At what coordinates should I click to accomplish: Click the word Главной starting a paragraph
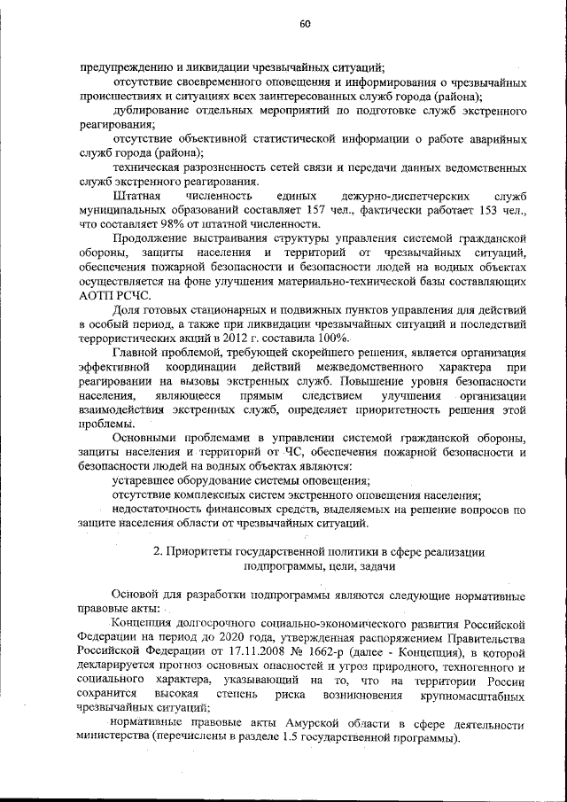click(x=137, y=353)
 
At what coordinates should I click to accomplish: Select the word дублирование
click(x=153, y=111)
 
